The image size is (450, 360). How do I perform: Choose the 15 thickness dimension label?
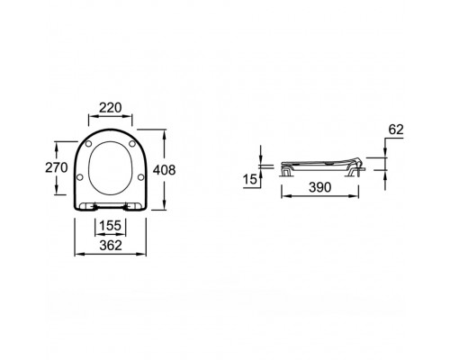250,180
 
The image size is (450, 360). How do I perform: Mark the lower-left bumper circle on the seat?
83,178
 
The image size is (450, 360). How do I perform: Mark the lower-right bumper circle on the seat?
139,178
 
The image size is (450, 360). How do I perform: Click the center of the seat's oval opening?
111,167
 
